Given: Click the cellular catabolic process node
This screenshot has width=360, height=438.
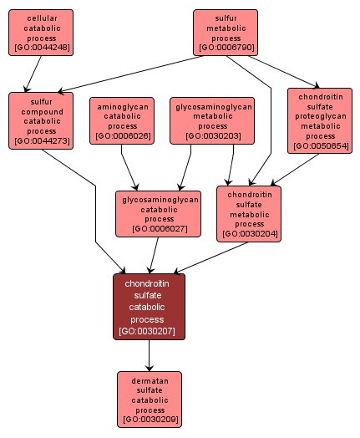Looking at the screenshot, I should [x=41, y=33].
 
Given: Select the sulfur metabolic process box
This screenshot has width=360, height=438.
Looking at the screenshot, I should [x=226, y=33].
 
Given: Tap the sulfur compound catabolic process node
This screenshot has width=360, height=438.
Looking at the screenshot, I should [x=41, y=120].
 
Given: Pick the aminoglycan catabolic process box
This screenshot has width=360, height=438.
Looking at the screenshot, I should [x=123, y=120].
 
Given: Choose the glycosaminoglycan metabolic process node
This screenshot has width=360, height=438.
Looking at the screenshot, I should [x=212, y=120].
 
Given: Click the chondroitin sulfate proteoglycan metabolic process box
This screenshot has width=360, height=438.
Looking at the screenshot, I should [x=319, y=120].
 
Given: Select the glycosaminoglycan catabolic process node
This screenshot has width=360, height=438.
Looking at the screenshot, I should [x=158, y=213].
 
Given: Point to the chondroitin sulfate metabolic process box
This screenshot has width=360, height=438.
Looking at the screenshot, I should [x=249, y=213].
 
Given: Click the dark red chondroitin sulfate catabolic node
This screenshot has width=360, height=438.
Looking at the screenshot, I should [x=149, y=306].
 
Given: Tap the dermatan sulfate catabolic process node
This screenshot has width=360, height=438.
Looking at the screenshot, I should [x=150, y=399].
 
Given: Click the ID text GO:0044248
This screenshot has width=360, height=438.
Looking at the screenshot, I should [x=41, y=48].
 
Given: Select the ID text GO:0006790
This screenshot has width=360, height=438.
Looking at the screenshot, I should [x=226, y=48].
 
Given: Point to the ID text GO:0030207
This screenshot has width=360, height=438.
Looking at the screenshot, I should [x=149, y=331].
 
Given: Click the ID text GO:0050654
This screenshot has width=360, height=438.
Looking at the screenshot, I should [x=319, y=146].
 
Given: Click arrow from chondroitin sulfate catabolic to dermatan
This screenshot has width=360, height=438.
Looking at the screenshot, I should [x=150, y=355].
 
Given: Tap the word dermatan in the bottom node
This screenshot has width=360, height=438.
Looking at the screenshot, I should [x=150, y=380].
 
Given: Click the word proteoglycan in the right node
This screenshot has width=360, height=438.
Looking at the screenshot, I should [x=319, y=115].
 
